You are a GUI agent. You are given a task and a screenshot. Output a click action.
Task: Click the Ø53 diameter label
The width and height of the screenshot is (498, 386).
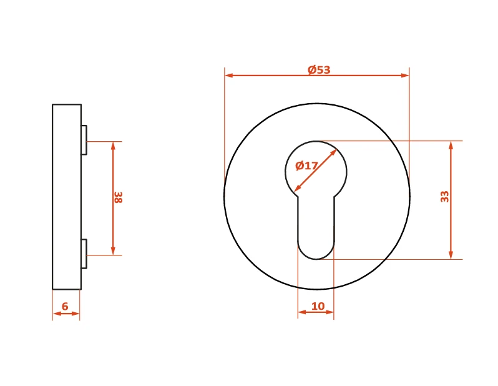click(319, 69)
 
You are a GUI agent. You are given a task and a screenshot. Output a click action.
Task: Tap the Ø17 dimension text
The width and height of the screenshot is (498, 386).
click(306, 166)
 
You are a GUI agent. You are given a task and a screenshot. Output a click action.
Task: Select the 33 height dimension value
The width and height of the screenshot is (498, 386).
click(444, 197)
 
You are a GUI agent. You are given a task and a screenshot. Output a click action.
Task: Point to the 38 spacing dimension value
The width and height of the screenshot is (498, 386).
click(118, 197)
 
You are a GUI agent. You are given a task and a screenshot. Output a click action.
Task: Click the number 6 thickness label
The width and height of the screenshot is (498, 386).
click(65, 306)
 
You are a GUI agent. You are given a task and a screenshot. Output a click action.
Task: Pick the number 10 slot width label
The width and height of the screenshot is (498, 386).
click(318, 306)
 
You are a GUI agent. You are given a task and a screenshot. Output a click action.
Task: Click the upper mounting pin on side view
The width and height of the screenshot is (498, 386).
click(84, 140)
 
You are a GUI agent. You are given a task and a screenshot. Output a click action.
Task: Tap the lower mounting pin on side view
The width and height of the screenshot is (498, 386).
click(84, 254)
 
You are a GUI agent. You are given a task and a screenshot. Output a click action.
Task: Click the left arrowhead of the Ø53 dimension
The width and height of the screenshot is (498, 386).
click(228, 76)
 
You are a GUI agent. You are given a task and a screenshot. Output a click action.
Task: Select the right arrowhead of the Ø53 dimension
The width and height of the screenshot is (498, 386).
click(405, 76)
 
